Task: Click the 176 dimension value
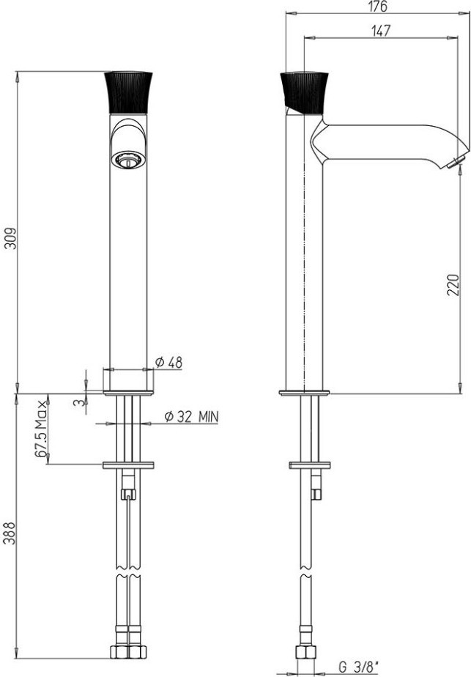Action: [x=379, y=7]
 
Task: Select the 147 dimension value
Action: [x=381, y=31]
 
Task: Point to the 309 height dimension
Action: [x=10, y=238]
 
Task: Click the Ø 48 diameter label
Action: [x=168, y=363]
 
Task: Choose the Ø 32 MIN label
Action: [x=192, y=417]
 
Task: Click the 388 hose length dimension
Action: [x=10, y=533]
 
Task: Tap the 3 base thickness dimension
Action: [x=79, y=403]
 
